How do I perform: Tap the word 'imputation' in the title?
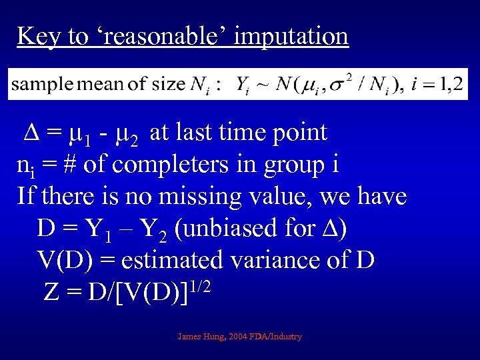coord(291,35)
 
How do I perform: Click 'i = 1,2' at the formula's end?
coord(437,84)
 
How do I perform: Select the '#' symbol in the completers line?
coord(69,164)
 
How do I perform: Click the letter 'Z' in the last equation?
coord(52,291)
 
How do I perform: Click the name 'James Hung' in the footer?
coord(200,337)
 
